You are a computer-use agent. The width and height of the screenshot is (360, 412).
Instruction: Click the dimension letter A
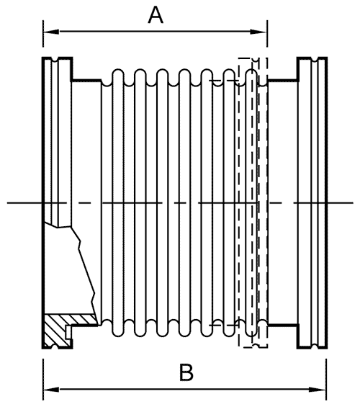tap(156, 16)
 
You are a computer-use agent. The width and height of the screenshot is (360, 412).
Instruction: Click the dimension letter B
tap(186, 372)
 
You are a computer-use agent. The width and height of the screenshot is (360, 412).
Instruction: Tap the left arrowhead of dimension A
tap(51, 32)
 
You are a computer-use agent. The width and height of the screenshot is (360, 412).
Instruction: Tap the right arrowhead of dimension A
tap(258, 32)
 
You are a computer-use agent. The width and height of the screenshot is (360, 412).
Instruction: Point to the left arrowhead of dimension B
tap(51, 390)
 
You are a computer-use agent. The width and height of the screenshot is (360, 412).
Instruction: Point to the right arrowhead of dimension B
tap(318, 390)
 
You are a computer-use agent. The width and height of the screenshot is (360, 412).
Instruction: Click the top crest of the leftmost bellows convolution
tap(118, 71)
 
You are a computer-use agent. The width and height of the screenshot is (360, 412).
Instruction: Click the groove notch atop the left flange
tap(55, 60)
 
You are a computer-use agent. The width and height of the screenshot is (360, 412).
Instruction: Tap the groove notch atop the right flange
tap(314, 60)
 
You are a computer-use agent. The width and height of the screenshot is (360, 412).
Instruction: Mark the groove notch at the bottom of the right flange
tap(314, 346)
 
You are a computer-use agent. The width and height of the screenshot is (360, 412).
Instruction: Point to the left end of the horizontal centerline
tap(7, 203)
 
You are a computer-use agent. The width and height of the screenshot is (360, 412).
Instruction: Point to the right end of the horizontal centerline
tap(353, 203)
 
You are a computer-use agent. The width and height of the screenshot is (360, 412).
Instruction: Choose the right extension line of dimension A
tap(267, 33)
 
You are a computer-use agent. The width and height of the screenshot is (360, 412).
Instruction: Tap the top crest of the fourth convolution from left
tap(184, 71)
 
